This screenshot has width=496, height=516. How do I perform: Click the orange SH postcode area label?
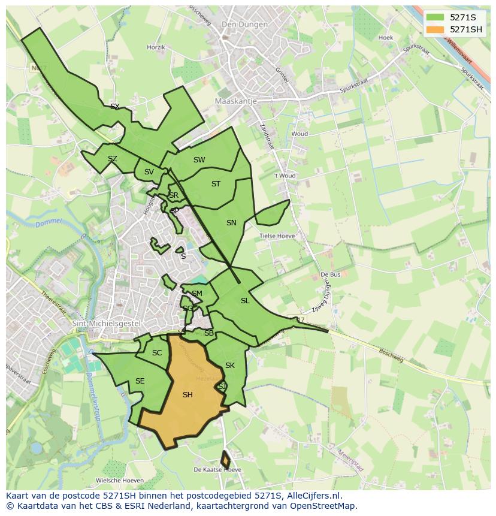coord(187,394)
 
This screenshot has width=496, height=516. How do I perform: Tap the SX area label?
coord(115,107)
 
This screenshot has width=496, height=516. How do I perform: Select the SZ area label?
coord(113,159)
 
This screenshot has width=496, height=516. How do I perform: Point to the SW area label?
coord(199,160)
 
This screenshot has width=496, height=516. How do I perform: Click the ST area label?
coord(216,184)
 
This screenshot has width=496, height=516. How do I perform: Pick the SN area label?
coord(231,223)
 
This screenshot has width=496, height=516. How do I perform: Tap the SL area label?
coord(245,301)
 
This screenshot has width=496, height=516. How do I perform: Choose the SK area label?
coord(230,366)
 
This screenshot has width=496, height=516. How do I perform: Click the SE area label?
coord(140,381)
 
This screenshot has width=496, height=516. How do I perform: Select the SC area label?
coord(157,353)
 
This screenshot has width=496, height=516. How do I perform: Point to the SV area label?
coord(149,172)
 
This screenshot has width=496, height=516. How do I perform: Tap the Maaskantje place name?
coord(235,101)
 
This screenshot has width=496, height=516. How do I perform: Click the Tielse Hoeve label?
coord(277,236)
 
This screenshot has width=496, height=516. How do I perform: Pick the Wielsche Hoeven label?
coord(120,481)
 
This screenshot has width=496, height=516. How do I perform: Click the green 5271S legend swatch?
coord(435,17)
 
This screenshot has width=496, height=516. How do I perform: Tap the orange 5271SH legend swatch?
coord(435,29)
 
